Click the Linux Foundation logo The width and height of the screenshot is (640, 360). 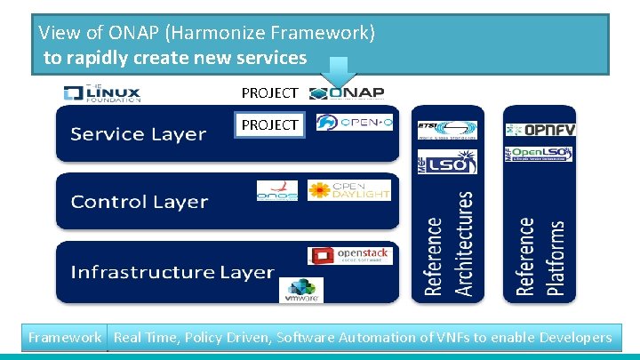pyautogui.click(x=101, y=93)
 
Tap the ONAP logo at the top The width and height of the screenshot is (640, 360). pyautogui.click(x=348, y=93)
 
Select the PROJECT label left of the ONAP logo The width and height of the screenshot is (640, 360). pyautogui.click(x=269, y=93)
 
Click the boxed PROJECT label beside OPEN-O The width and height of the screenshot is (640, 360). pyautogui.click(x=269, y=125)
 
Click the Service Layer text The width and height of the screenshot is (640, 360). pyautogui.click(x=138, y=134)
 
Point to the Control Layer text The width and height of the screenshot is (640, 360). pyautogui.click(x=139, y=202)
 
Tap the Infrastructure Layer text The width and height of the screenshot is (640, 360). pyautogui.click(x=172, y=271)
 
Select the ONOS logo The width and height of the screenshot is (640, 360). pyautogui.click(x=276, y=191)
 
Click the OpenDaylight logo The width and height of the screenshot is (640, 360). pyautogui.click(x=348, y=190)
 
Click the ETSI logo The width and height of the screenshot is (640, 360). pyautogui.click(x=447, y=131)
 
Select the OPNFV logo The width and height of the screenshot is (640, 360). pyautogui.click(x=540, y=130)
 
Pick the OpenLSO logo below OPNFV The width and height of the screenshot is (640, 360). pyautogui.click(x=540, y=154)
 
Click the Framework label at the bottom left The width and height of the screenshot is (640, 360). pyautogui.click(x=64, y=338)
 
